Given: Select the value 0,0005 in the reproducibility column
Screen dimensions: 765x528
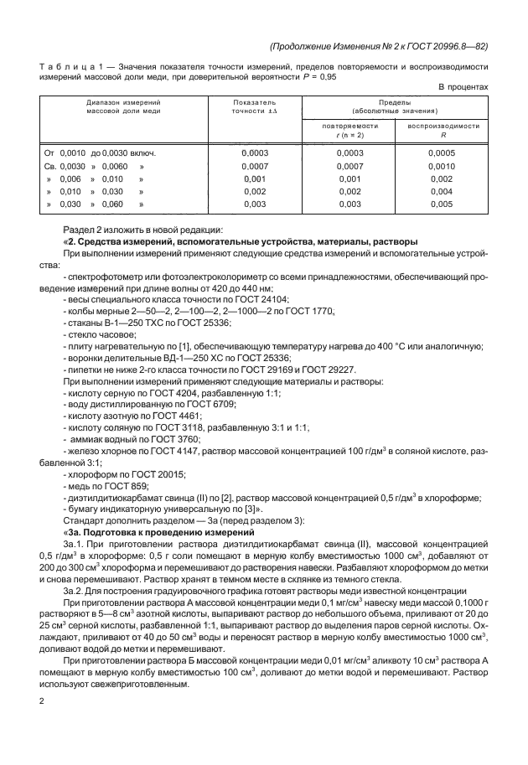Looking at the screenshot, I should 442,153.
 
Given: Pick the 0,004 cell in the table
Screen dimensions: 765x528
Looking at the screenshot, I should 442,191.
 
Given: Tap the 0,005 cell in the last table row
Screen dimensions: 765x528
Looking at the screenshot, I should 442,204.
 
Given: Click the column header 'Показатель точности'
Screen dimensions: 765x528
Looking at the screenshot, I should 253,106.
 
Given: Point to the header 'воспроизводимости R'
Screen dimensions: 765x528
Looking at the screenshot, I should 442,128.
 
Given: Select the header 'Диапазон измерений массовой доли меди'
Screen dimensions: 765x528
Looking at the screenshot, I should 122,106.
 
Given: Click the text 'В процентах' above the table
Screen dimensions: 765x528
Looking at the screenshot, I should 463,85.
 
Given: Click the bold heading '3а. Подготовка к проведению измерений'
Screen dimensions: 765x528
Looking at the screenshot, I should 159,533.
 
